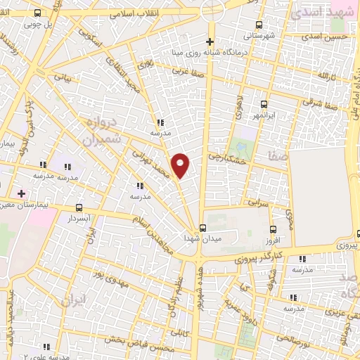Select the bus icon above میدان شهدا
[x=202, y=228]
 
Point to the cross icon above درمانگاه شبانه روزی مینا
[x=210, y=39]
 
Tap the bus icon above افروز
[x=274, y=229]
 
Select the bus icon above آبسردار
[x=78, y=207]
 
